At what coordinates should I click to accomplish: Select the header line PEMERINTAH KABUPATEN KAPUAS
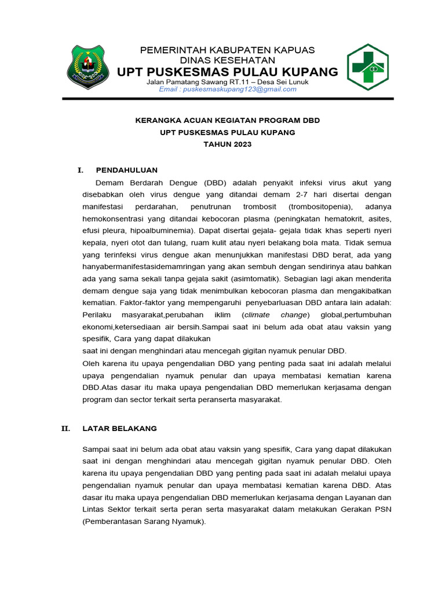(x=227, y=50)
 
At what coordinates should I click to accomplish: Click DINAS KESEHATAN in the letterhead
(x=227, y=60)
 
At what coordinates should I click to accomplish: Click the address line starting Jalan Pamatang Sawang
(x=227, y=81)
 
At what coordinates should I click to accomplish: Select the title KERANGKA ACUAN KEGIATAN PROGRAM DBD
(x=227, y=121)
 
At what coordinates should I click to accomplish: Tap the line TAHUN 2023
(x=227, y=144)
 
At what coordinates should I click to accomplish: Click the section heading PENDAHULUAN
(x=126, y=170)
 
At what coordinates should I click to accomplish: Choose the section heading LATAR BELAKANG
(x=119, y=428)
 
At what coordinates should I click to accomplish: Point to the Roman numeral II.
(x=66, y=428)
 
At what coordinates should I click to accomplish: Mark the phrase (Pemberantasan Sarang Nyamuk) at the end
(x=144, y=521)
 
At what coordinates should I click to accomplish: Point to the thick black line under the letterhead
(x=227, y=99)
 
